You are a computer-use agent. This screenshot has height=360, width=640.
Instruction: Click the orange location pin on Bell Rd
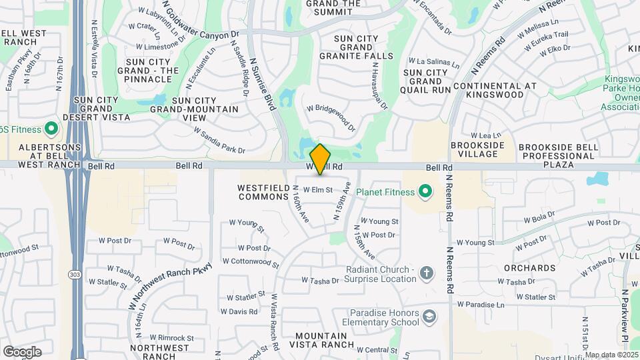tap(321, 159)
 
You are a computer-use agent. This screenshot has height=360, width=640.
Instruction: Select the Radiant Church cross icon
tap(426, 273)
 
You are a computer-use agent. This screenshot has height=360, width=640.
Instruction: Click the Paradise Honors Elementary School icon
tap(430, 316)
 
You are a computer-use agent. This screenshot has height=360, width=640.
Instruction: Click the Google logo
tap(22, 351)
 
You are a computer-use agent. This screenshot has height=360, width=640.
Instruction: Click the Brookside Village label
tap(483, 149)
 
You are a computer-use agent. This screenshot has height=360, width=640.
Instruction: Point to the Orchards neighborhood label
tap(530, 268)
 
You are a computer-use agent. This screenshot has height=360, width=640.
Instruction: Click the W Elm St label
tap(317, 189)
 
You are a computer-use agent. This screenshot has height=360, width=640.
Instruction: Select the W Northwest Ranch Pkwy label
tap(170, 285)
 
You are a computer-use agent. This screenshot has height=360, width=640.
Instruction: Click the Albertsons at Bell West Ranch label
tap(41, 155)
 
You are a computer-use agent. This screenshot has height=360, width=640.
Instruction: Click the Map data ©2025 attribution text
tap(611, 355)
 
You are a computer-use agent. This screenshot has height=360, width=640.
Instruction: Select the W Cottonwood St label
tap(250, 262)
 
